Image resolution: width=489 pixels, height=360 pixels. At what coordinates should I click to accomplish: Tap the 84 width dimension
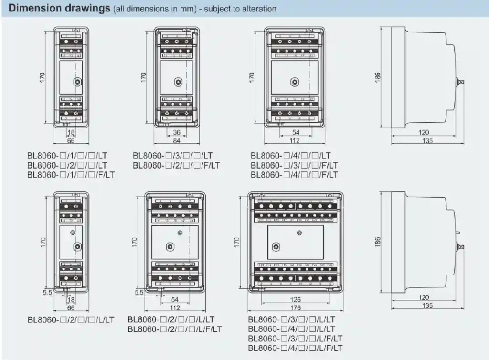tap(177, 140)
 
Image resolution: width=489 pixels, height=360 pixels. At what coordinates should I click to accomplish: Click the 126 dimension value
tap(296, 300)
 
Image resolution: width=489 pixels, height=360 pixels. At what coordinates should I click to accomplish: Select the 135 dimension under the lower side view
tap(427, 306)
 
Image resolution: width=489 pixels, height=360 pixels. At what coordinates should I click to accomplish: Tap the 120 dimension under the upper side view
tap(424, 132)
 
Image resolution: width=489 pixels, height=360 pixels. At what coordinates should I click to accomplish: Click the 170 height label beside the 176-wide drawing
tap(236, 242)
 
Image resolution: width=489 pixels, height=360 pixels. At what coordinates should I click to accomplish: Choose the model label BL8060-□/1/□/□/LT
tap(67, 156)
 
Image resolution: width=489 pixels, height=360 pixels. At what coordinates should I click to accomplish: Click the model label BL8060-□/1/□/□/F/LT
tap(71, 175)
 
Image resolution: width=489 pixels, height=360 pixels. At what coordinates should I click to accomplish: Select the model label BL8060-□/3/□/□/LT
tap(173, 156)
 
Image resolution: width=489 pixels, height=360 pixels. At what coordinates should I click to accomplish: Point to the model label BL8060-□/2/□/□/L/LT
tap(71, 319)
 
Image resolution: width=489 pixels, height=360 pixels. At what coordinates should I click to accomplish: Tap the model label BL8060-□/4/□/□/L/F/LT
tap(295, 348)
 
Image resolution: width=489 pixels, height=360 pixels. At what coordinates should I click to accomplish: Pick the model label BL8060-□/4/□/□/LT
tap(290, 156)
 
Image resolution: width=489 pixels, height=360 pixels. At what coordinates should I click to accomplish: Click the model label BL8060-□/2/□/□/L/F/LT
tap(174, 329)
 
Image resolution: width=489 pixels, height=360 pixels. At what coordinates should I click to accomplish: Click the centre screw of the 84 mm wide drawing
tap(178, 82)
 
